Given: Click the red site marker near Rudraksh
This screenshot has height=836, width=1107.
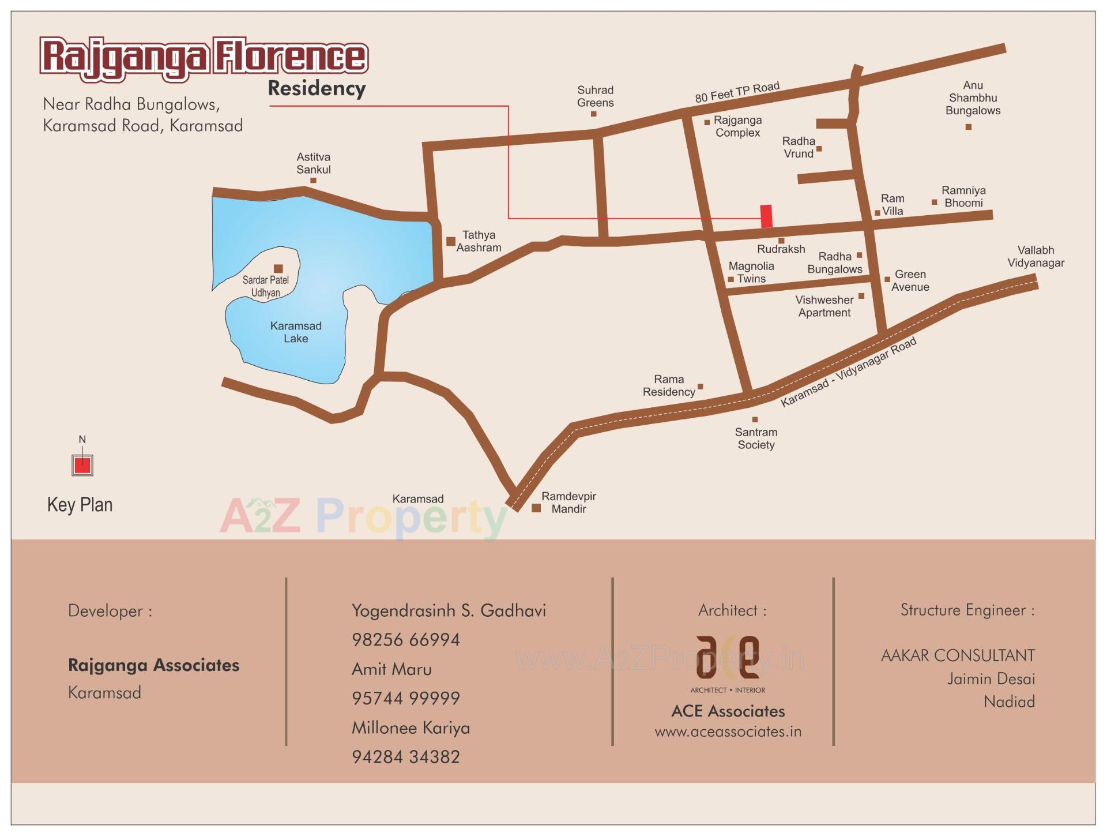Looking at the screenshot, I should (766, 216).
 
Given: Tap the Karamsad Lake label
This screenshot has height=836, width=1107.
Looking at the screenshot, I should (296, 332).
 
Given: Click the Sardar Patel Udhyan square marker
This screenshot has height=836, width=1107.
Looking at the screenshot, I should (278, 268).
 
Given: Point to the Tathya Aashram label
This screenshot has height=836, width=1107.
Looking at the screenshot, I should (479, 241).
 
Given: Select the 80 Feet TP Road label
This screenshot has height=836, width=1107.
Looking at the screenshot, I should (737, 92).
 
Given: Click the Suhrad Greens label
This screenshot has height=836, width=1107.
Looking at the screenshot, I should (595, 96).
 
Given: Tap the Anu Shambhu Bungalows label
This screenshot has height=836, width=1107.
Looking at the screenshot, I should (973, 98).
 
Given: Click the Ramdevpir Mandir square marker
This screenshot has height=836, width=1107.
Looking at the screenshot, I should (536, 508).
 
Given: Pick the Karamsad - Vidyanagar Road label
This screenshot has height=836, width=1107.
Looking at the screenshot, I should (848, 372).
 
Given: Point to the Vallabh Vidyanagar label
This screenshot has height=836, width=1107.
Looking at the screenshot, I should (1036, 257).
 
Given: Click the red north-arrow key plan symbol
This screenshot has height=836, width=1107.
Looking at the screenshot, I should (82, 464).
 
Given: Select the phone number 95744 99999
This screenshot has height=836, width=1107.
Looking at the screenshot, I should (406, 699).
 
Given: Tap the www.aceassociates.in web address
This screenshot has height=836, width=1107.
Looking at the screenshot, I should (728, 732).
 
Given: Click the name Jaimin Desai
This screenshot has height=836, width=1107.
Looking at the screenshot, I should (991, 679).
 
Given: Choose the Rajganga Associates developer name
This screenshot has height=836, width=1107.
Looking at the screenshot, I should (153, 665).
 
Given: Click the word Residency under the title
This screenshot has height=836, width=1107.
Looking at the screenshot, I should (317, 89).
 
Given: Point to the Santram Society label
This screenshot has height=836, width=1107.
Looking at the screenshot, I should (756, 438).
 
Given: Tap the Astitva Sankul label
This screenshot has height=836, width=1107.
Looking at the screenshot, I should (313, 163).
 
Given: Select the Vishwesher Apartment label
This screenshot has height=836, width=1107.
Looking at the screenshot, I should (824, 306).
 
